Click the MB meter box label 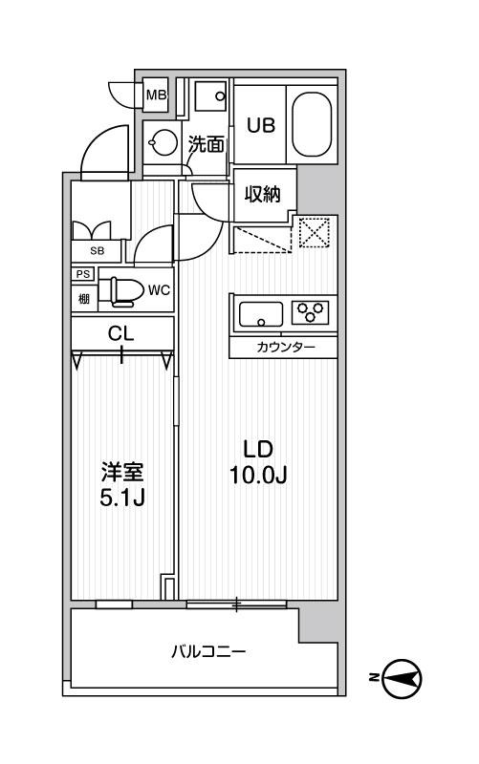coord(155,95)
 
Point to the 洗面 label coord(206,145)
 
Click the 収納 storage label coord(262,195)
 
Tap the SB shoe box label coord(97,251)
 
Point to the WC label coord(159,290)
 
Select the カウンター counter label coord(284,347)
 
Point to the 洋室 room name coord(124,473)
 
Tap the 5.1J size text coord(124,499)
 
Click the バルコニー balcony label coord(208,653)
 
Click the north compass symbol coord(402,679)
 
